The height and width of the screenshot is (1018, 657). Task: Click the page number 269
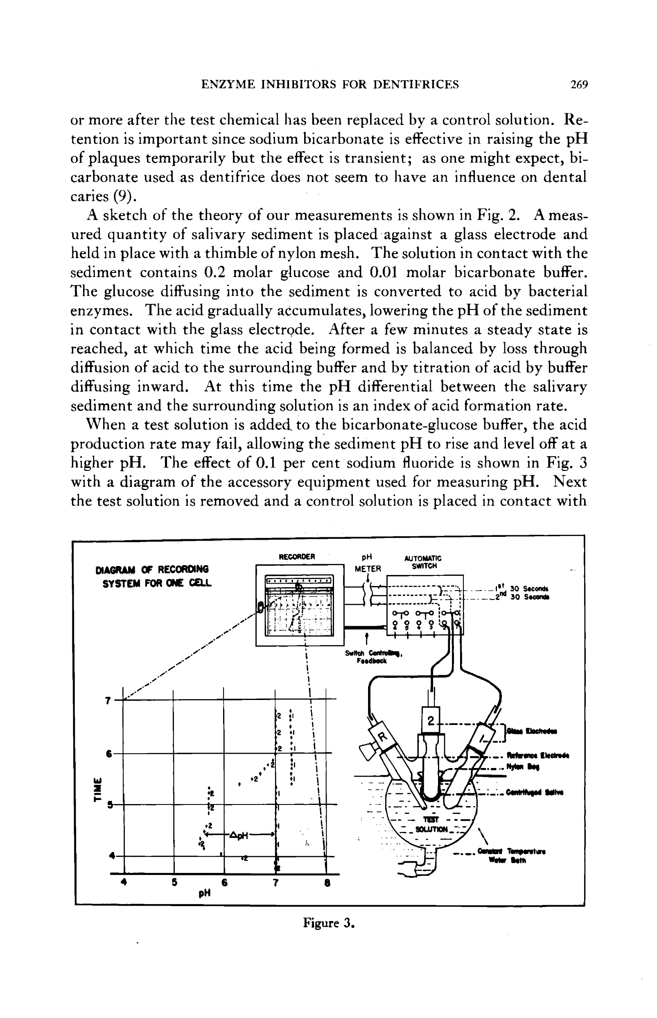579,84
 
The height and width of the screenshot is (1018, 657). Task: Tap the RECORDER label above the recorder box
296,557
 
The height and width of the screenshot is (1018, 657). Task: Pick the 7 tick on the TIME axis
108,701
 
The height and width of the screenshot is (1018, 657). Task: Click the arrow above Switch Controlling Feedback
366,641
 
